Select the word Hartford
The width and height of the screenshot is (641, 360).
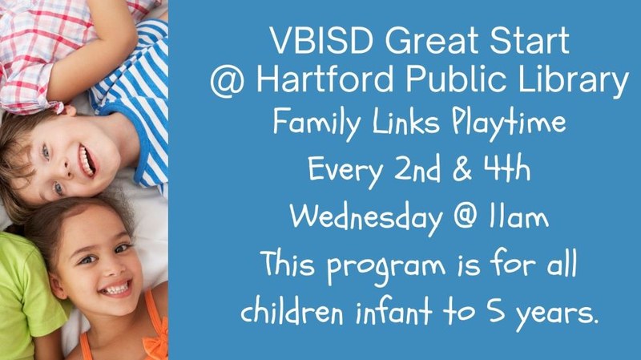point(318,82)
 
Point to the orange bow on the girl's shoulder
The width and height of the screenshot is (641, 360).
point(157,337)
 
